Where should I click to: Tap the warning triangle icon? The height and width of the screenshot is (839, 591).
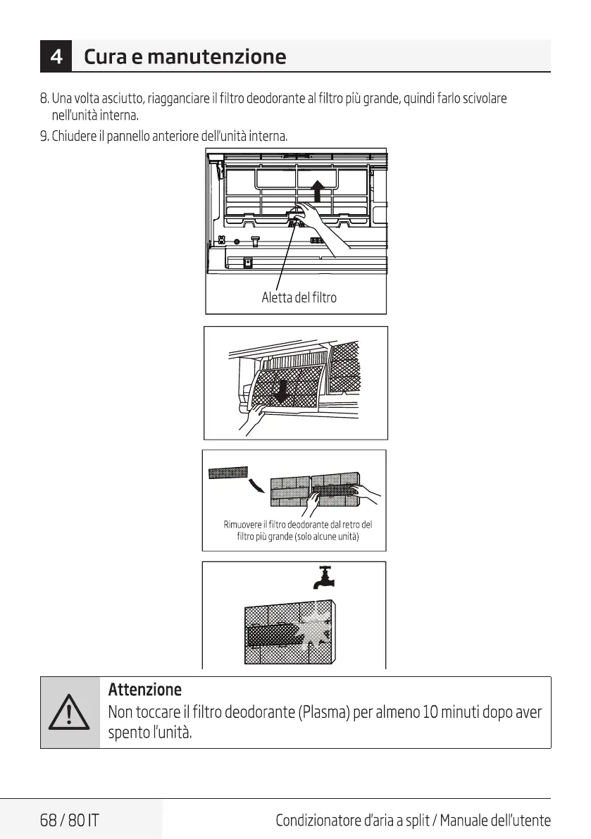70,713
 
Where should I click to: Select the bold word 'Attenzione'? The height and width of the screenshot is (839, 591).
144,689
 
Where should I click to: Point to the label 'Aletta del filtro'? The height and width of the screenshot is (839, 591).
299,297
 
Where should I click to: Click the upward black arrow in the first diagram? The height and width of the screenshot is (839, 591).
318,189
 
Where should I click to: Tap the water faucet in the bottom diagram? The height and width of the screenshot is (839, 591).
325,576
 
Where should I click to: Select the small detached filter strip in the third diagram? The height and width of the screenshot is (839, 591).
228,471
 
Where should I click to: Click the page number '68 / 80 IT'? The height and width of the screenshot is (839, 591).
70,820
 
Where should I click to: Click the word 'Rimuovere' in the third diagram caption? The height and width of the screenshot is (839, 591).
242,525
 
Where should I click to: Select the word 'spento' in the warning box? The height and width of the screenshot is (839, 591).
127,733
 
